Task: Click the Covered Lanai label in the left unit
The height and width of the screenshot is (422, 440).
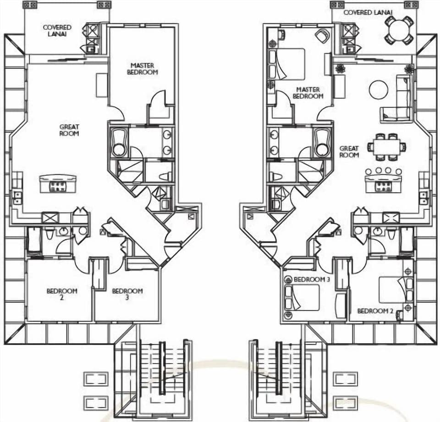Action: pyautogui.click(x=57, y=31)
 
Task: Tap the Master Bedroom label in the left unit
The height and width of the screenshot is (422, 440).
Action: pyautogui.click(x=144, y=69)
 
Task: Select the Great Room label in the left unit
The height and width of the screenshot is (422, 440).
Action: pyautogui.click(x=69, y=130)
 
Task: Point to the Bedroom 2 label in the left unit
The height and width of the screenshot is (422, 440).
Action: pyautogui.click(x=62, y=294)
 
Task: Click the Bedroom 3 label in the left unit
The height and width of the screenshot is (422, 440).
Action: pyautogui.click(x=127, y=294)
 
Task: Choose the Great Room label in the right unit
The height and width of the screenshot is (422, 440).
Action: pyautogui.click(x=349, y=152)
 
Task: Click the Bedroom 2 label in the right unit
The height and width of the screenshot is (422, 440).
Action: pyautogui.click(x=375, y=311)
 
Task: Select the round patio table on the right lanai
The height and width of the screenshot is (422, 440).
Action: pyautogui.click(x=399, y=30)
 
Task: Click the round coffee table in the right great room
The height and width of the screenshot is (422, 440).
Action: pyautogui.click(x=379, y=89)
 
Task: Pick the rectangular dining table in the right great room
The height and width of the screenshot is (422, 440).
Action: pyautogui.click(x=387, y=147)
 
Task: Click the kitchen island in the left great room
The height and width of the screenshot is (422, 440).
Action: pyautogui.click(x=57, y=183)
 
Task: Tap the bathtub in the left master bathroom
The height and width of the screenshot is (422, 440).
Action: pyautogui.click(x=119, y=142)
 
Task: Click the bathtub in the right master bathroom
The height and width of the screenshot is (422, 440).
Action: pyautogui.click(x=322, y=142)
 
